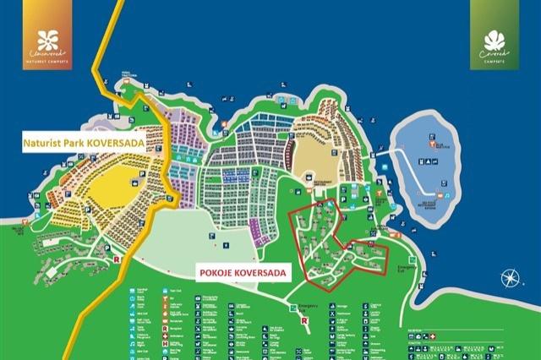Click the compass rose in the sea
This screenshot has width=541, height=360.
pyautogui.click(x=510, y=278)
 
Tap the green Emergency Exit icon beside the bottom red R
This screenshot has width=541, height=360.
pyautogui.click(x=293, y=308)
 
